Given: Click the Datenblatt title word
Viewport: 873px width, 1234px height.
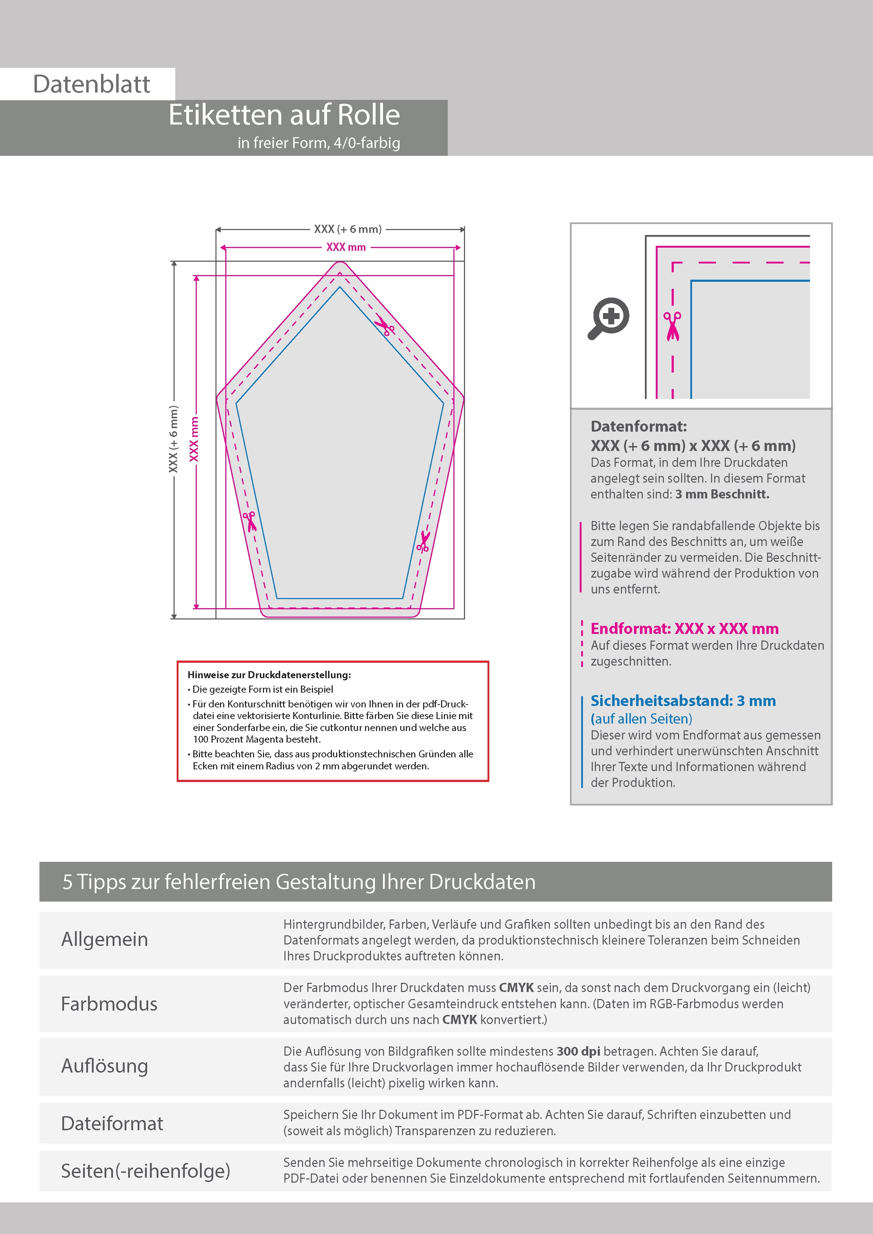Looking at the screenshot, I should [x=92, y=84].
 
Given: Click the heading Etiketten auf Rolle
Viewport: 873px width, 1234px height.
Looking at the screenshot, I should [x=284, y=115].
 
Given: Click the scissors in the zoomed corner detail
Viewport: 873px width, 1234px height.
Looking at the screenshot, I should [x=672, y=326].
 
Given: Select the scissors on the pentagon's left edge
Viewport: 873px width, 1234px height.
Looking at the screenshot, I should [x=250, y=521].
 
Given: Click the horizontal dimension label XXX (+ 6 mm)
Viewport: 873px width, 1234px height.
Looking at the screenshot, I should [x=347, y=229].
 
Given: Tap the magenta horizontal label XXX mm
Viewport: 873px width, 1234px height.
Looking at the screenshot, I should [x=346, y=248].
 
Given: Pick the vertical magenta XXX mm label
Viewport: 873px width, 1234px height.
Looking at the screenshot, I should [x=194, y=439].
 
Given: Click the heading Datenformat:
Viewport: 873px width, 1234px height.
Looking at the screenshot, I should [x=639, y=427].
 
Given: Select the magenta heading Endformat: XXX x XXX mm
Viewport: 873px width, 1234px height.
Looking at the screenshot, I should [x=684, y=629].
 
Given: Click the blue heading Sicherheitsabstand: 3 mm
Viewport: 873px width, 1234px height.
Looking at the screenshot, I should [x=683, y=701].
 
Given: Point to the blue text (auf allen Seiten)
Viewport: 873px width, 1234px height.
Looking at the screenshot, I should [x=641, y=719].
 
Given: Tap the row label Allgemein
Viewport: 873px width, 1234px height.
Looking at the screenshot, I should [x=104, y=940].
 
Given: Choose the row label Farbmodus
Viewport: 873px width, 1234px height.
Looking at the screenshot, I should [x=109, y=1004].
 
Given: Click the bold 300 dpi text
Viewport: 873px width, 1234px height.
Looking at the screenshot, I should [x=578, y=1051].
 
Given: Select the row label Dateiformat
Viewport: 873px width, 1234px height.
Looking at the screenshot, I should [x=112, y=1123].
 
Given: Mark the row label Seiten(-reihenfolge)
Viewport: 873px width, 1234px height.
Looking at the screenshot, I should [x=145, y=1171].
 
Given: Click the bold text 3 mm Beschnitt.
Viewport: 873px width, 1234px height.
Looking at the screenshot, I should [x=722, y=495].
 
